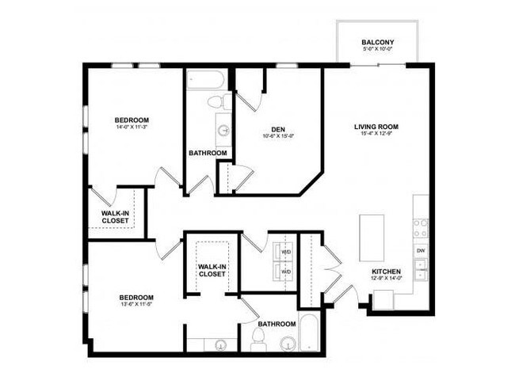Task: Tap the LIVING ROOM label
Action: click(376, 126)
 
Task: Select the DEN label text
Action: click(277, 130)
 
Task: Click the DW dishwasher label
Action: click(421, 251)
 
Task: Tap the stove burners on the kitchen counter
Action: click(421, 228)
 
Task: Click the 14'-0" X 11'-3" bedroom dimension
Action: click(132, 129)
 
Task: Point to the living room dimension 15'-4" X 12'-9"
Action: click(376, 134)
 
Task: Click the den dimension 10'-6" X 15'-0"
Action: click(277, 137)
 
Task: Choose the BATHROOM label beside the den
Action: click(208, 153)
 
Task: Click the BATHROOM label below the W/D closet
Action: click(277, 324)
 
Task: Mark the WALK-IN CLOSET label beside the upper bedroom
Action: click(116, 217)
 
